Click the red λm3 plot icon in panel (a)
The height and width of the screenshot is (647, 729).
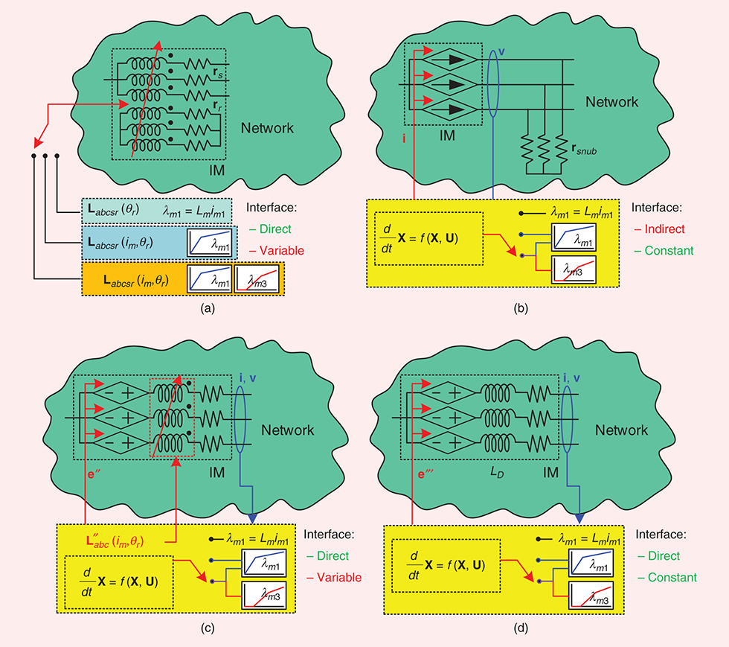tap(258, 281)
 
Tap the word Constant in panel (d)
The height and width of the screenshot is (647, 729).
tap(672, 577)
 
